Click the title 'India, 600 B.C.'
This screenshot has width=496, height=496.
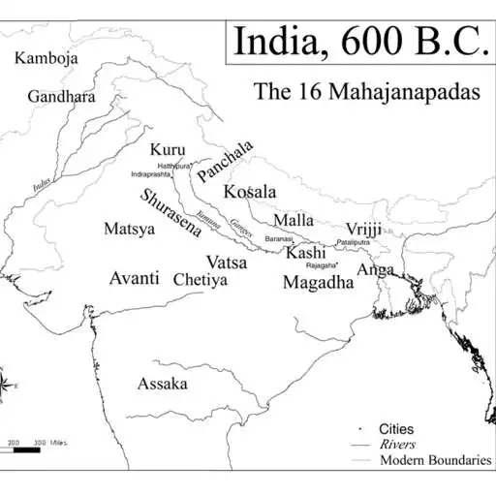pyautogui.click(x=358, y=42)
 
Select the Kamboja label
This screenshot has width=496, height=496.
pyautogui.click(x=46, y=58)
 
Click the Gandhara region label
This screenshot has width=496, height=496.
pyautogui.click(x=61, y=97)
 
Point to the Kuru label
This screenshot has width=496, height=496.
pyautogui.click(x=168, y=150)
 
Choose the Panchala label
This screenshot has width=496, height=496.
pyautogui.click(x=225, y=161)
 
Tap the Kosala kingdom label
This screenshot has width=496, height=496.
pyautogui.click(x=250, y=191)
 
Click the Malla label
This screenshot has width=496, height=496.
pyautogui.click(x=294, y=220)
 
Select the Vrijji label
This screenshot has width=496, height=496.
pyautogui.click(x=363, y=228)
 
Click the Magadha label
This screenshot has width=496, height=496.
pyautogui.click(x=318, y=282)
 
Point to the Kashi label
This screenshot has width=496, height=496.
pyautogui.click(x=305, y=253)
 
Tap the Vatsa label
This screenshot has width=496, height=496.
pyautogui.click(x=227, y=262)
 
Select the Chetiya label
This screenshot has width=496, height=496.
pyautogui.click(x=200, y=280)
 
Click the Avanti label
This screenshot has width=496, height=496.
pyautogui.click(x=134, y=278)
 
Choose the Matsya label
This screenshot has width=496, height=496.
pyautogui.click(x=129, y=230)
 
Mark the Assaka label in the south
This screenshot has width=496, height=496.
pyautogui.click(x=162, y=384)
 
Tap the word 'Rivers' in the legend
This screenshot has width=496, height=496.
pyautogui.click(x=397, y=444)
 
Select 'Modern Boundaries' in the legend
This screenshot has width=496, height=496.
pyautogui.click(x=435, y=460)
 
